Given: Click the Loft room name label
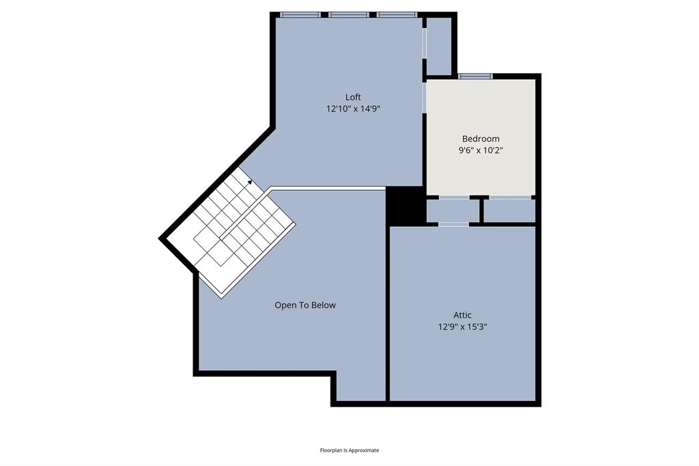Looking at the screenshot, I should pyautogui.click(x=353, y=96).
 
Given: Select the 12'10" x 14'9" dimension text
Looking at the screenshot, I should pyautogui.click(x=353, y=108).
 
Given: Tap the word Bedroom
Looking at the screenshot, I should pyautogui.click(x=481, y=138).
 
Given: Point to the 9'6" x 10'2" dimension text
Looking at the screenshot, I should pyautogui.click(x=481, y=150).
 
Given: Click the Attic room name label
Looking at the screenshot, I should pyautogui.click(x=462, y=315).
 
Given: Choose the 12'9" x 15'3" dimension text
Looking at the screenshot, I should pyautogui.click(x=462, y=327).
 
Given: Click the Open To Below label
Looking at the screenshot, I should pyautogui.click(x=305, y=305).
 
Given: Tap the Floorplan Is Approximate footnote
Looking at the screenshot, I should pyautogui.click(x=349, y=450).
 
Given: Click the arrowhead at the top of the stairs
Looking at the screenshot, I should pyautogui.click(x=250, y=182).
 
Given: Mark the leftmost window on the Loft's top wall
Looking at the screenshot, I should pyautogui.click(x=300, y=14).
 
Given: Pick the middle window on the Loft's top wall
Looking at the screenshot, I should pyautogui.click(x=349, y=14).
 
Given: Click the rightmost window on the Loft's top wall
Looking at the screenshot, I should pyautogui.click(x=397, y=14).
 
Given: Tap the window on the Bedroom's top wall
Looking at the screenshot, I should pyautogui.click(x=475, y=76).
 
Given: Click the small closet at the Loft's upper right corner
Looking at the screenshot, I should pyautogui.click(x=440, y=46).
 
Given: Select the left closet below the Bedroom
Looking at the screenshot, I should pyautogui.click(x=453, y=210).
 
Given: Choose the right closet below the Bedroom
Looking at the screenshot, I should pyautogui.click(x=509, y=210).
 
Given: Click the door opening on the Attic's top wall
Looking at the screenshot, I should pyautogui.click(x=453, y=224).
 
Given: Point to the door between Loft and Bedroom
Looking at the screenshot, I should pyautogui.click(x=424, y=98).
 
